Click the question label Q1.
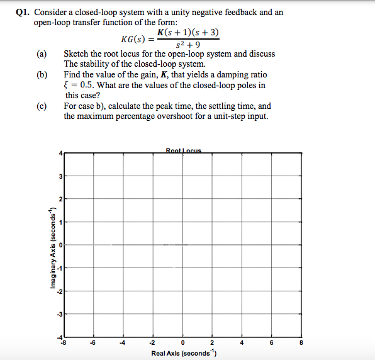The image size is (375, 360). pyautogui.click(x=23, y=12)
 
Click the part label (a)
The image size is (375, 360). pyautogui.click(x=42, y=54)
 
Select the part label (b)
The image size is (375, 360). pyautogui.click(x=42, y=75)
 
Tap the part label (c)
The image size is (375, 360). pyautogui.click(x=42, y=106)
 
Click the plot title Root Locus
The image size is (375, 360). pyautogui.click(x=182, y=150)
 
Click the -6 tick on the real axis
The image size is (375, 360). pyautogui.click(x=92, y=343)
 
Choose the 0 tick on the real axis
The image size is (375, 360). pyautogui.click(x=182, y=343)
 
